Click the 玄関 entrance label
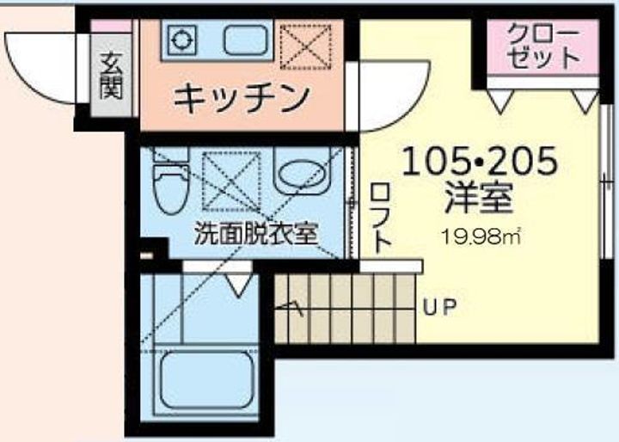[110, 77]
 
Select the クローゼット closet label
[542, 47]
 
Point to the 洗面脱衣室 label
[256, 231]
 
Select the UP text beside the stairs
[438, 305]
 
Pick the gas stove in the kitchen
[183, 40]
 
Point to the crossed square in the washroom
[231, 179]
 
